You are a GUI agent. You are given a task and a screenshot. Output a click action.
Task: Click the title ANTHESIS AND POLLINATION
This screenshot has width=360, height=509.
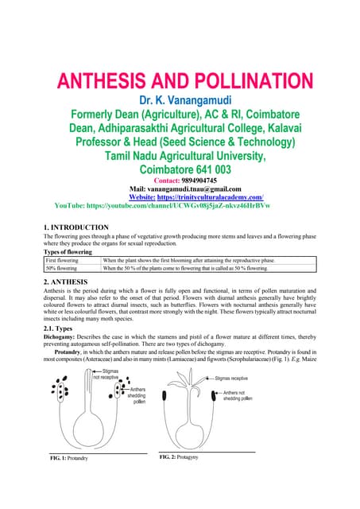pyautogui.click(x=180, y=81)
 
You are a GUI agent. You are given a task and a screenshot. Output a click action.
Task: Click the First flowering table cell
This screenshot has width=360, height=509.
pyautogui.click(x=62, y=260)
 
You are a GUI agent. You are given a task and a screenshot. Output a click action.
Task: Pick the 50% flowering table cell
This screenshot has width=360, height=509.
pyautogui.click(x=62, y=268)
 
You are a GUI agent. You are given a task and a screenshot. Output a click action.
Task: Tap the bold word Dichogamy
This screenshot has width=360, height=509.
pyautogui.click(x=60, y=337)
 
